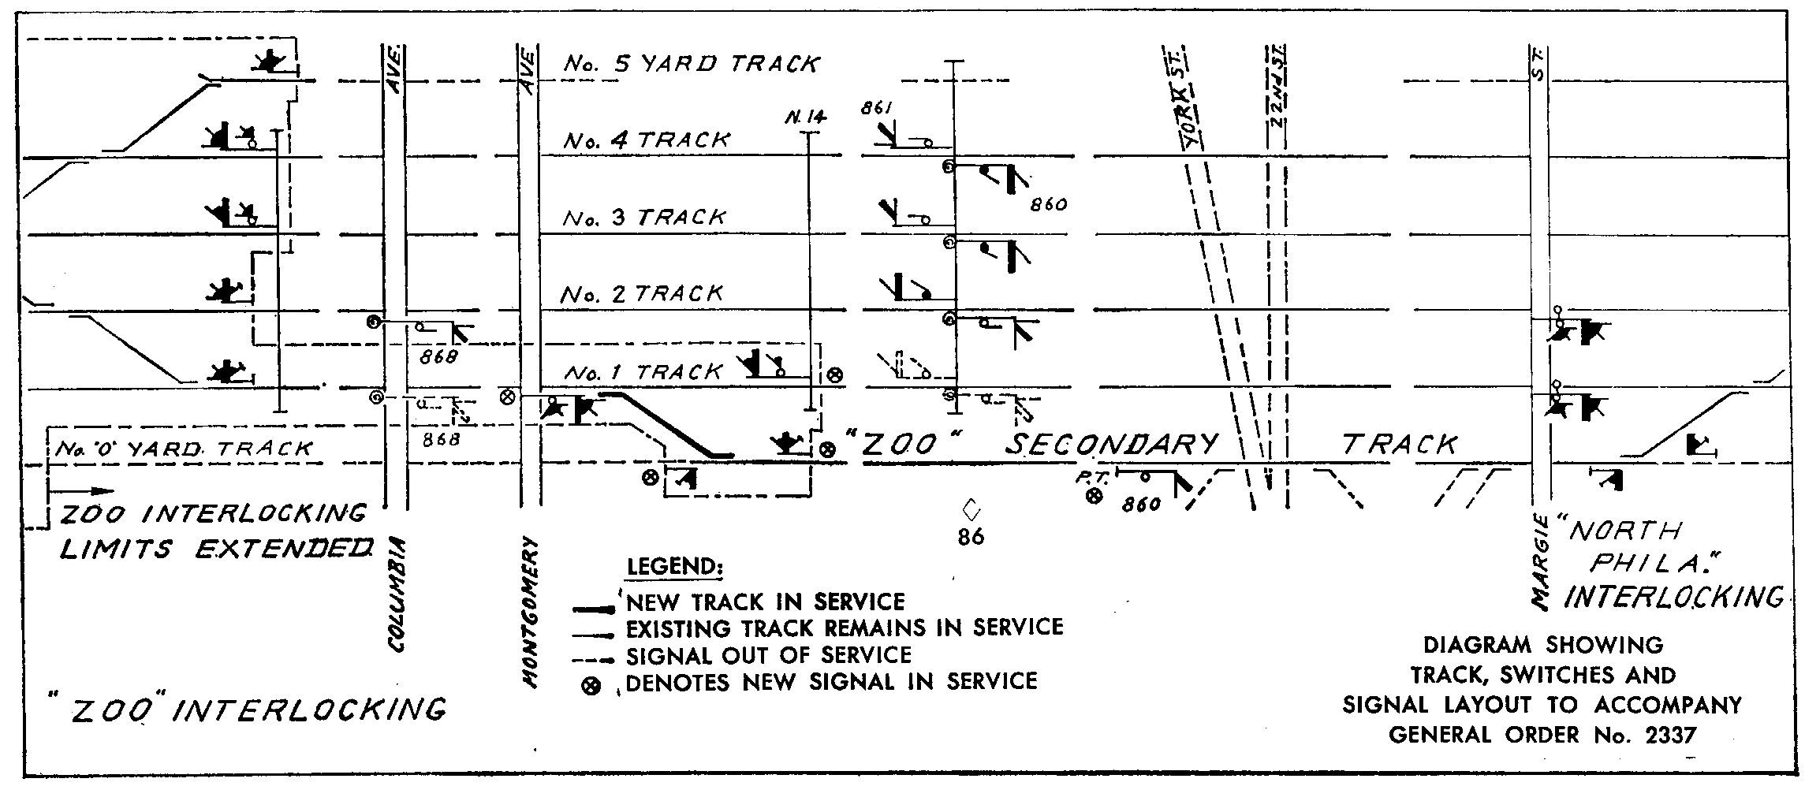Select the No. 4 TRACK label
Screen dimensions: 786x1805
647,140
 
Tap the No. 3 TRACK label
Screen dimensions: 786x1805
644,218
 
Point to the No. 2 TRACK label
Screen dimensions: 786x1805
642,294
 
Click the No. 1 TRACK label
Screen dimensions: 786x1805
643,371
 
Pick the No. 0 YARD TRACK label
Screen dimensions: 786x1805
182,449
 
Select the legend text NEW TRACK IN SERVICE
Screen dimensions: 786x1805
765,602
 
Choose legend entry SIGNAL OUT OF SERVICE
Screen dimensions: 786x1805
768,655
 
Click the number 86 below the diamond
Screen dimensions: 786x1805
971,537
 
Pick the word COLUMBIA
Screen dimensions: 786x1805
397,595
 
